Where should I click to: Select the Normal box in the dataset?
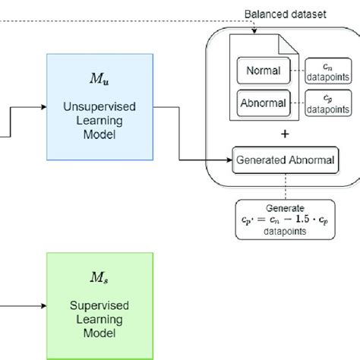pos(263,71)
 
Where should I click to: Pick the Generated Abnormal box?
pos(284,160)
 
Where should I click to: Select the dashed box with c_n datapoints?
pos(327,71)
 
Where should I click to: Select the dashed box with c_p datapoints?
pos(327,103)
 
